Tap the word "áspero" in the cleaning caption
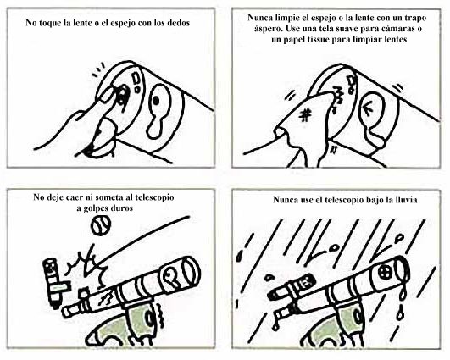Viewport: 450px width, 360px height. [x=266, y=29]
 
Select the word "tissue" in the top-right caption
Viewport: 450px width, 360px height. [x=316, y=39]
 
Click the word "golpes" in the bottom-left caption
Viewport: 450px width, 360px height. [x=97, y=208]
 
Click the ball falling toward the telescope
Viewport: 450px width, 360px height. [x=101, y=225]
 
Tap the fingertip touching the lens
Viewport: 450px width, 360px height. [x=107, y=95]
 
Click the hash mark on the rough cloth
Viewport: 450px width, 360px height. [x=305, y=115]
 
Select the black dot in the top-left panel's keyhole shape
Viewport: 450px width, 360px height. [x=156, y=101]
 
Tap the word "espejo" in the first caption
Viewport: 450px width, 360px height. [x=121, y=23]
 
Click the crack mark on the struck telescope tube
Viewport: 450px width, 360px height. [x=105, y=299]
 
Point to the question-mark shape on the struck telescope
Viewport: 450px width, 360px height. [x=169, y=277]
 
